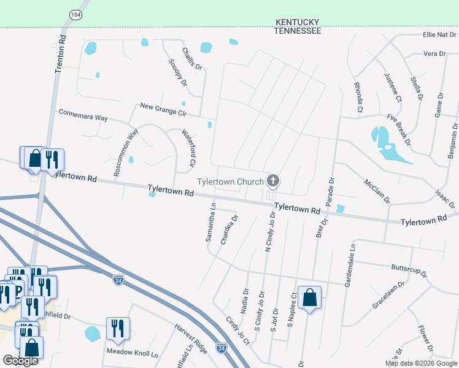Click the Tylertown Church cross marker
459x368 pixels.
pos(274,181)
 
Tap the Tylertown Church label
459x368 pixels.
pos(230,182)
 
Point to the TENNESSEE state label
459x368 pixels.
pos(298,31)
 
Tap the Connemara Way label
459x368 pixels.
pos(83,115)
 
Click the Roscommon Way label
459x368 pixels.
pos(127,151)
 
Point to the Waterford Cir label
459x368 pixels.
pos(188,148)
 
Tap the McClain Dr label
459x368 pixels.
pos(377,192)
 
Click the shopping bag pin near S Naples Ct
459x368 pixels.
pos(310,298)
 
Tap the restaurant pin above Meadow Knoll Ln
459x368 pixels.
pos(117,329)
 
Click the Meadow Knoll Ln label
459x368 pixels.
pos(133,353)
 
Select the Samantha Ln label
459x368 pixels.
pos(210,223)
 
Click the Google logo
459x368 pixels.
pos(20,361)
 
